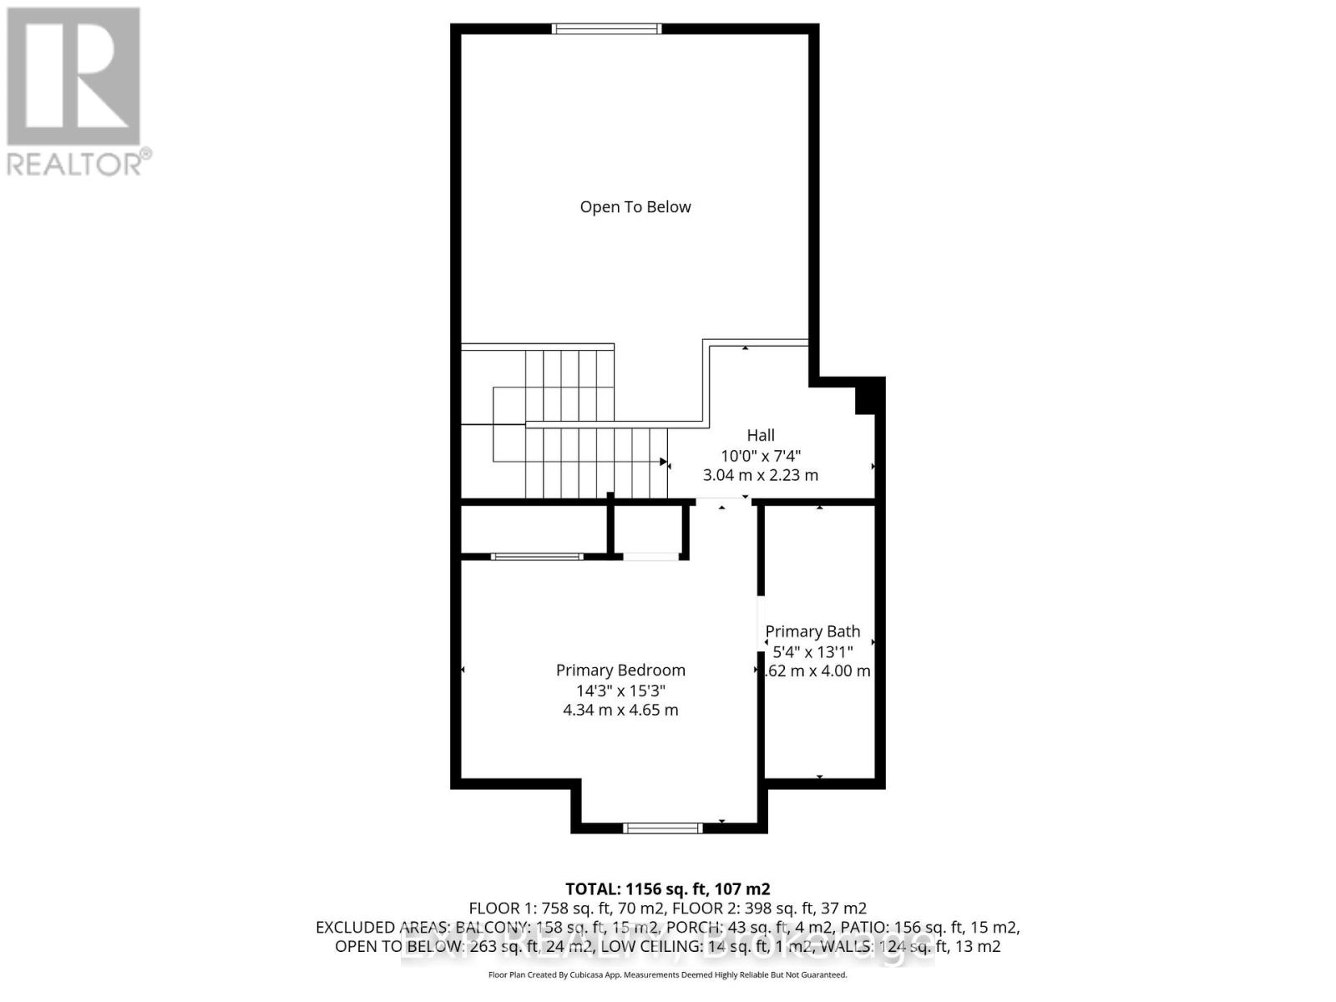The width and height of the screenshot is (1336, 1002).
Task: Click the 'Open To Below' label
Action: pyautogui.click(x=635, y=207)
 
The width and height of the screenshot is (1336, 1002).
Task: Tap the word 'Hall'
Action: pyautogui.click(x=761, y=435)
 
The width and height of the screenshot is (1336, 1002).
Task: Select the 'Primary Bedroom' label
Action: pyautogui.click(x=620, y=670)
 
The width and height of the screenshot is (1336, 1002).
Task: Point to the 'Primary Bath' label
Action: pyautogui.click(x=812, y=631)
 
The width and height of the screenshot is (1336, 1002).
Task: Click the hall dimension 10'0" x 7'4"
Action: pyautogui.click(x=761, y=456)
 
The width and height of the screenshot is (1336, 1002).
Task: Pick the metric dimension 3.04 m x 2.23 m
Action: pyautogui.click(x=761, y=475)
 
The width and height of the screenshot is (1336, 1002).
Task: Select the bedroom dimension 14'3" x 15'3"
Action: pyautogui.click(x=620, y=691)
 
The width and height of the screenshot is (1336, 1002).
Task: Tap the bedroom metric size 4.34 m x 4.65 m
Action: pyautogui.click(x=620, y=711)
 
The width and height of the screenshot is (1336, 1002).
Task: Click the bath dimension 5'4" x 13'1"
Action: pyautogui.click(x=812, y=651)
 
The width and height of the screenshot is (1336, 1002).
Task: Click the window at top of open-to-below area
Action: pyautogui.click(x=607, y=29)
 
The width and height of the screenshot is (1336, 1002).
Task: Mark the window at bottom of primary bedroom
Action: pyautogui.click(x=664, y=828)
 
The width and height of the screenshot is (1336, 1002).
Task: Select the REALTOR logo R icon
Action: pyautogui.click(x=73, y=76)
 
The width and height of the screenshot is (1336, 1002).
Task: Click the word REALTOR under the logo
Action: pyautogui.click(x=75, y=163)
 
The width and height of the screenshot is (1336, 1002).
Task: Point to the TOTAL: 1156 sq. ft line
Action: pyautogui.click(x=668, y=889)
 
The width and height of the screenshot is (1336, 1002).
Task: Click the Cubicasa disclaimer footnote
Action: pyautogui.click(x=668, y=975)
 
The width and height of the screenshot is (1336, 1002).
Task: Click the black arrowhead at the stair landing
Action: pyautogui.click(x=664, y=462)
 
